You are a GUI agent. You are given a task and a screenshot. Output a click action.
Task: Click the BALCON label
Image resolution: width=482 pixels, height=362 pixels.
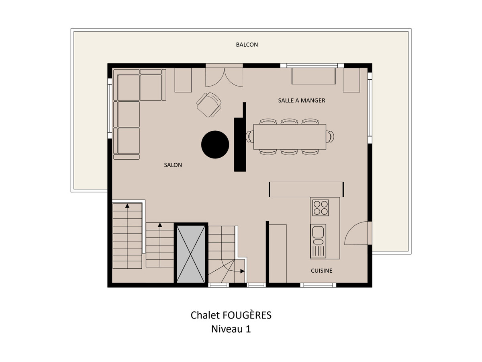[247, 45]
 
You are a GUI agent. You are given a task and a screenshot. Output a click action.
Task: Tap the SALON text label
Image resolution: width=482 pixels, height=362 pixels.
[173, 165]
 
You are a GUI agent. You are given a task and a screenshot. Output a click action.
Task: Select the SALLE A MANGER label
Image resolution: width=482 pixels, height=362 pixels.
[302, 101]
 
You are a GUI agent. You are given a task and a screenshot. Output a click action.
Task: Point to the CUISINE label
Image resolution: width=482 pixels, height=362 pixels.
[321, 271]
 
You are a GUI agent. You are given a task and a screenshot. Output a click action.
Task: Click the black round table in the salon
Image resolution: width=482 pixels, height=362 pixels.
[215, 144]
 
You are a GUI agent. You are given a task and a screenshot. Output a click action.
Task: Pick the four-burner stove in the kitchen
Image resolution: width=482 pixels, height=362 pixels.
[321, 208]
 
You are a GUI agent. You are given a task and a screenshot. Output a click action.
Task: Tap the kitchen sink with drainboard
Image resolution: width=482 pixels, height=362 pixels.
[318, 241]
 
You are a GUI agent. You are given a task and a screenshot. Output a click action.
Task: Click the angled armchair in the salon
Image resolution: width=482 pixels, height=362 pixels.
[209, 105]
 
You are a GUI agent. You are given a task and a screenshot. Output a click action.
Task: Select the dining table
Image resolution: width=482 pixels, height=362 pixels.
[290, 137]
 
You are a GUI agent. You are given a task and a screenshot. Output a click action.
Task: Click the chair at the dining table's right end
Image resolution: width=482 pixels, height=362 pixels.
[330, 136]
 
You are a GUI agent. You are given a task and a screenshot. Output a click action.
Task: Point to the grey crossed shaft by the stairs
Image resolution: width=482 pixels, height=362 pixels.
[191, 254]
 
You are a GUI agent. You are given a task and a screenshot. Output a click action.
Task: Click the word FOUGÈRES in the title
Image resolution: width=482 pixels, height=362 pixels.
[247, 315]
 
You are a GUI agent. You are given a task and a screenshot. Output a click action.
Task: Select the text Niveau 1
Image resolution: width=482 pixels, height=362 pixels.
[231, 329]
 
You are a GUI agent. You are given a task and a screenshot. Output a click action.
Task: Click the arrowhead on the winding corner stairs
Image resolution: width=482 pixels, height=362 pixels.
[243, 271]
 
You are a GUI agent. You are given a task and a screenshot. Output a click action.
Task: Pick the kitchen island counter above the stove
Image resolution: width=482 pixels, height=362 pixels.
[306, 189]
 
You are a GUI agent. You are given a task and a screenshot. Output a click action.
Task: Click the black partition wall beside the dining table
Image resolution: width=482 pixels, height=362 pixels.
[240, 137]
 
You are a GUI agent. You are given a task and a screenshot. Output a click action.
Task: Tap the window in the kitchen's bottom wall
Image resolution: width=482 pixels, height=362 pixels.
[318, 285]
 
